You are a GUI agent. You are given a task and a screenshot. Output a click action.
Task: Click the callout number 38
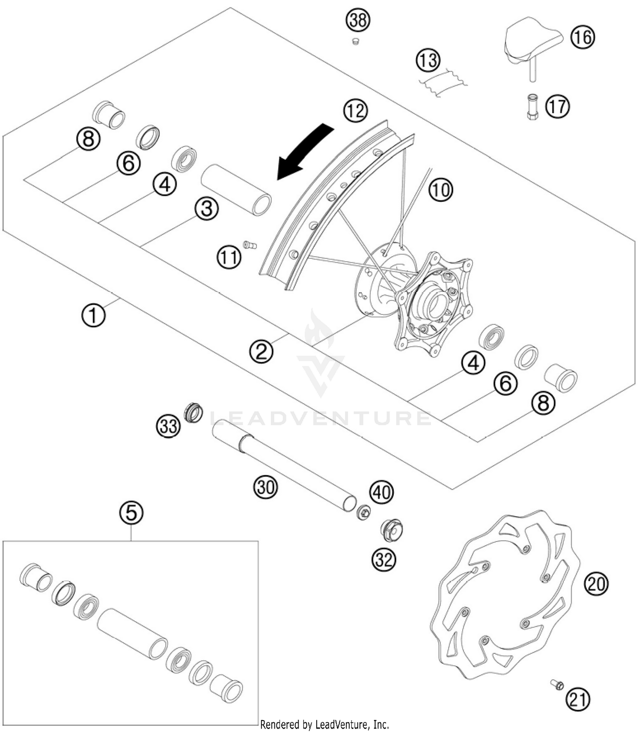pyautogui.click(x=358, y=20)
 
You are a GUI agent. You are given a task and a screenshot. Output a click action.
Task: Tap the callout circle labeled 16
pyautogui.click(x=583, y=37)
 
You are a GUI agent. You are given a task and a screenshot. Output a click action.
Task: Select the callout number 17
pyautogui.click(x=558, y=106)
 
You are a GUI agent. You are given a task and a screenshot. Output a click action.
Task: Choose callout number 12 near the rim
pyautogui.click(x=355, y=111)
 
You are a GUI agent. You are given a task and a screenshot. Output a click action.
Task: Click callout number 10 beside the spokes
pyautogui.click(x=441, y=189)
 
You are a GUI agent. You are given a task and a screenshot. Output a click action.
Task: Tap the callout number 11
pyautogui.click(x=229, y=257)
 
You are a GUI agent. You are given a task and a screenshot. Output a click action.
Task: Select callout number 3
pyautogui.click(x=207, y=209)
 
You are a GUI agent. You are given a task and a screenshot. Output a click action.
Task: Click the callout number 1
pyautogui.click(x=93, y=315)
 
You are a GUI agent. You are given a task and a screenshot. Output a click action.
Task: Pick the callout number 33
pyautogui.click(x=168, y=426)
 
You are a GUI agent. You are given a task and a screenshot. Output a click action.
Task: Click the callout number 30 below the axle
pyautogui.click(x=266, y=487)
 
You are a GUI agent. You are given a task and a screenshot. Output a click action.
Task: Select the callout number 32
pyautogui.click(x=383, y=559)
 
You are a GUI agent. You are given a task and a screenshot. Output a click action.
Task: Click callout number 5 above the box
pyautogui.click(x=131, y=512)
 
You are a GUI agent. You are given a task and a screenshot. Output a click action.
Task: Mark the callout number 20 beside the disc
pyautogui.click(x=596, y=583)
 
